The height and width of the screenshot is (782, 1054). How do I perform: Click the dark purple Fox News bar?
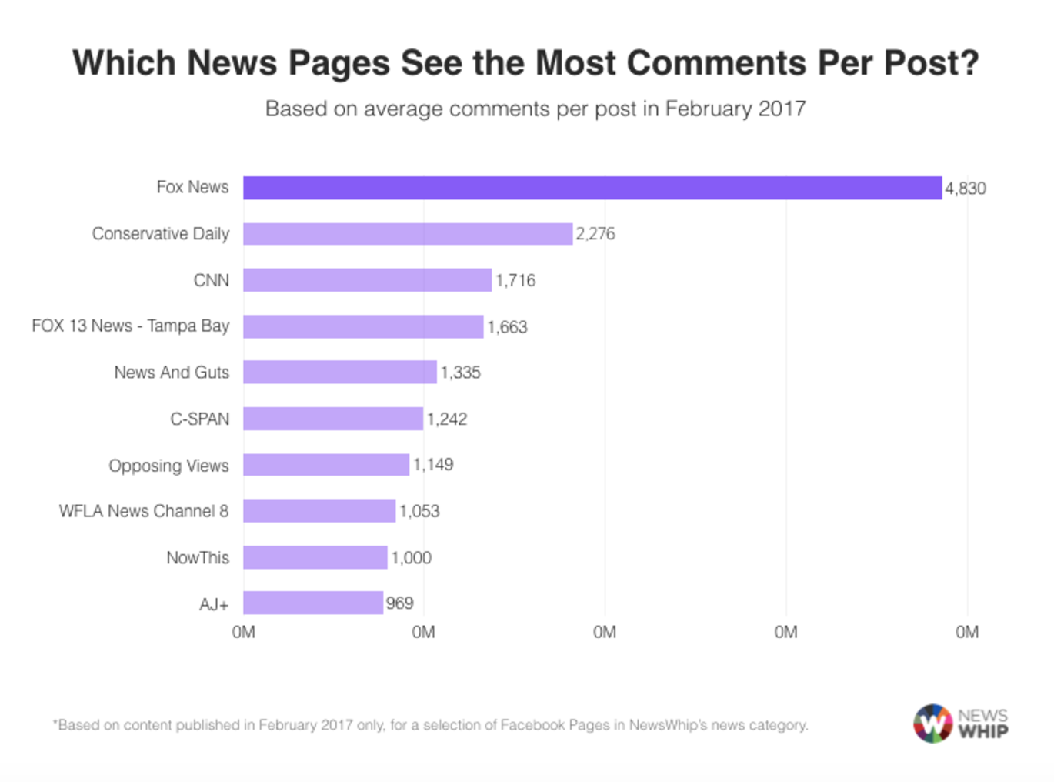pyautogui.click(x=592, y=188)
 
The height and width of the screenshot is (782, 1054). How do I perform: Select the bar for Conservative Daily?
pyautogui.click(x=408, y=234)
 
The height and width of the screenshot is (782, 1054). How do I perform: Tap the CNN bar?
pyautogui.click(x=367, y=280)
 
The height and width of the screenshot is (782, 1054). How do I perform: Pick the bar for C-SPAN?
pyautogui.click(x=333, y=419)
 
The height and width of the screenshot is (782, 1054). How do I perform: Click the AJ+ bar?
pyautogui.click(x=313, y=603)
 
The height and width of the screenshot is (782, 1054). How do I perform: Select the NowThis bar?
pyautogui.click(x=315, y=557)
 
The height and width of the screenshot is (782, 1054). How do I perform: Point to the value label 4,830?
pyautogui.click(x=966, y=189)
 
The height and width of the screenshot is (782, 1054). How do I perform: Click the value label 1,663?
pyautogui.click(x=508, y=327)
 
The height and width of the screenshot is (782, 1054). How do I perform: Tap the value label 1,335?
pyautogui.click(x=461, y=373)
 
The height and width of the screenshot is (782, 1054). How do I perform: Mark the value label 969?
pyautogui.click(x=400, y=603)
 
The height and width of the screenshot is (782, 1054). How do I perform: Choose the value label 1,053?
pyautogui.click(x=419, y=511)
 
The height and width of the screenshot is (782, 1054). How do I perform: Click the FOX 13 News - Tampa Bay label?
pyautogui.click(x=131, y=326)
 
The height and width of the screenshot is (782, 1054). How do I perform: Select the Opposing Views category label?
pyautogui.click(x=168, y=466)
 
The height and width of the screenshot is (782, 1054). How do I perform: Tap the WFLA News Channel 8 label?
pyautogui.click(x=144, y=511)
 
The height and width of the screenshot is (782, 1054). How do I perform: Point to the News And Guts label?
pyautogui.click(x=172, y=373)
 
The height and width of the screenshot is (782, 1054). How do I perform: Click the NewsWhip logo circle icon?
pyautogui.click(x=932, y=724)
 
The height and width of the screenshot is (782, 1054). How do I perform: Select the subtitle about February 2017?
pyautogui.click(x=535, y=109)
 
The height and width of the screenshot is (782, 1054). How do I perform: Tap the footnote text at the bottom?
pyautogui.click(x=430, y=725)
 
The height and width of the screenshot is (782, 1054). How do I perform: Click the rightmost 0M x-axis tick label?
pyautogui.click(x=967, y=633)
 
